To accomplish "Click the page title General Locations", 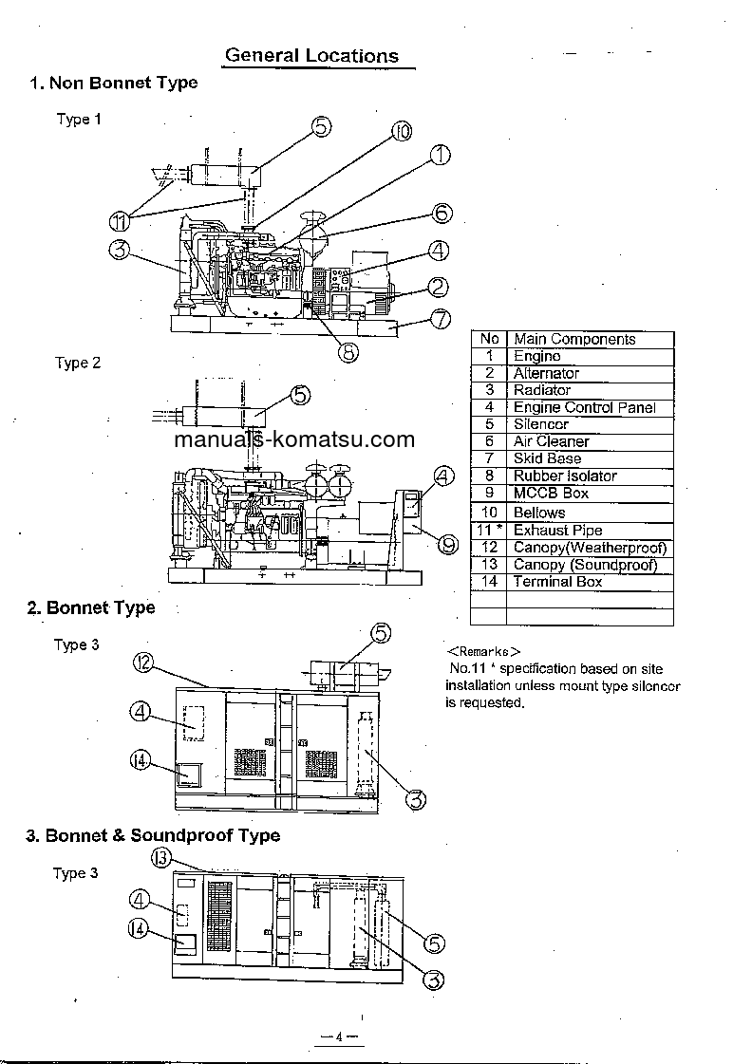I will point(311,56).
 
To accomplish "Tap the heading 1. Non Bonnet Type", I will point(114,83).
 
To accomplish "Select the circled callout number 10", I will point(401,132).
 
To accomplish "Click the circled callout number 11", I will point(119,221).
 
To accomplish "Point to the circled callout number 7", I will point(440,319).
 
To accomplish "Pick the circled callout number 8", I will point(348,351).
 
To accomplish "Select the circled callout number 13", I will point(160,858).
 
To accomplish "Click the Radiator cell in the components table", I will point(542,390).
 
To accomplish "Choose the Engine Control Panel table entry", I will point(584,407).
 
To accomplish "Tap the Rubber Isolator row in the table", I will point(565,476).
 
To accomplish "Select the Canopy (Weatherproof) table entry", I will point(590,548).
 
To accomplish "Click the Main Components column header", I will point(574,339).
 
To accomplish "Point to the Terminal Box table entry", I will point(557,581).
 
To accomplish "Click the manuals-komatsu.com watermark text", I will point(294,439).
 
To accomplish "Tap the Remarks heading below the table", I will point(483,652).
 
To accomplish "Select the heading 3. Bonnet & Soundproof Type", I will point(153,835).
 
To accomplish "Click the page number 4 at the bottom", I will point(337,1036).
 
